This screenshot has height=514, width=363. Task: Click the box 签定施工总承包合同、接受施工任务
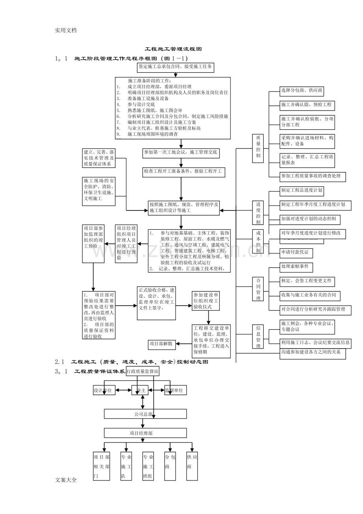click(x=175, y=67)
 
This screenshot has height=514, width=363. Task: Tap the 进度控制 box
click(x=258, y=213)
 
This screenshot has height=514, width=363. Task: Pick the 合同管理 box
click(x=258, y=289)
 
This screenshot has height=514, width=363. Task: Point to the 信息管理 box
click(x=258, y=337)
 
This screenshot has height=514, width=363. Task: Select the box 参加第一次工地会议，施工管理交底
click(x=181, y=153)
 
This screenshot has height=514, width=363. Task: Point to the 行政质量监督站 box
click(x=142, y=371)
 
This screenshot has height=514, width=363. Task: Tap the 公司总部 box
click(x=145, y=414)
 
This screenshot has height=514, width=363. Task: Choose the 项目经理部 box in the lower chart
click(x=145, y=433)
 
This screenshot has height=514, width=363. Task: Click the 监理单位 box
click(x=175, y=390)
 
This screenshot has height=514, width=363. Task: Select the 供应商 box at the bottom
click(x=192, y=466)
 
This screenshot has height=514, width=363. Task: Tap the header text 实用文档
click(x=66, y=30)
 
